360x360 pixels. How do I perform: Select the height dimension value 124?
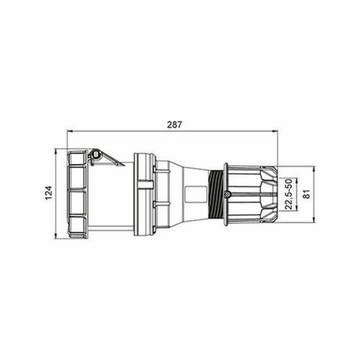click(x=47, y=193)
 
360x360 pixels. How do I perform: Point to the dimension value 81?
click(x=307, y=194)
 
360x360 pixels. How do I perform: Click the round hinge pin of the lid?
click(x=94, y=155)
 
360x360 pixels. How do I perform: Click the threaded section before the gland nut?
click(x=217, y=194)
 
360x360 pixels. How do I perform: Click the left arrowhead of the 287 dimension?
click(x=70, y=130)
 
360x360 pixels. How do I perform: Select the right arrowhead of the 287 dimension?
click(x=276, y=130)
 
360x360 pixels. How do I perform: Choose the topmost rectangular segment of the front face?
click(x=77, y=160)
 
